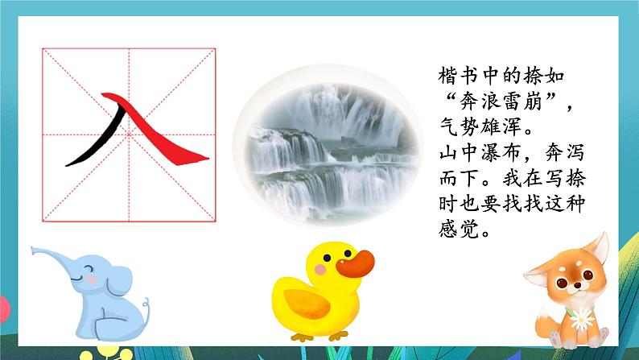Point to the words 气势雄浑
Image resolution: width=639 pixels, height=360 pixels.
tap(478, 126)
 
